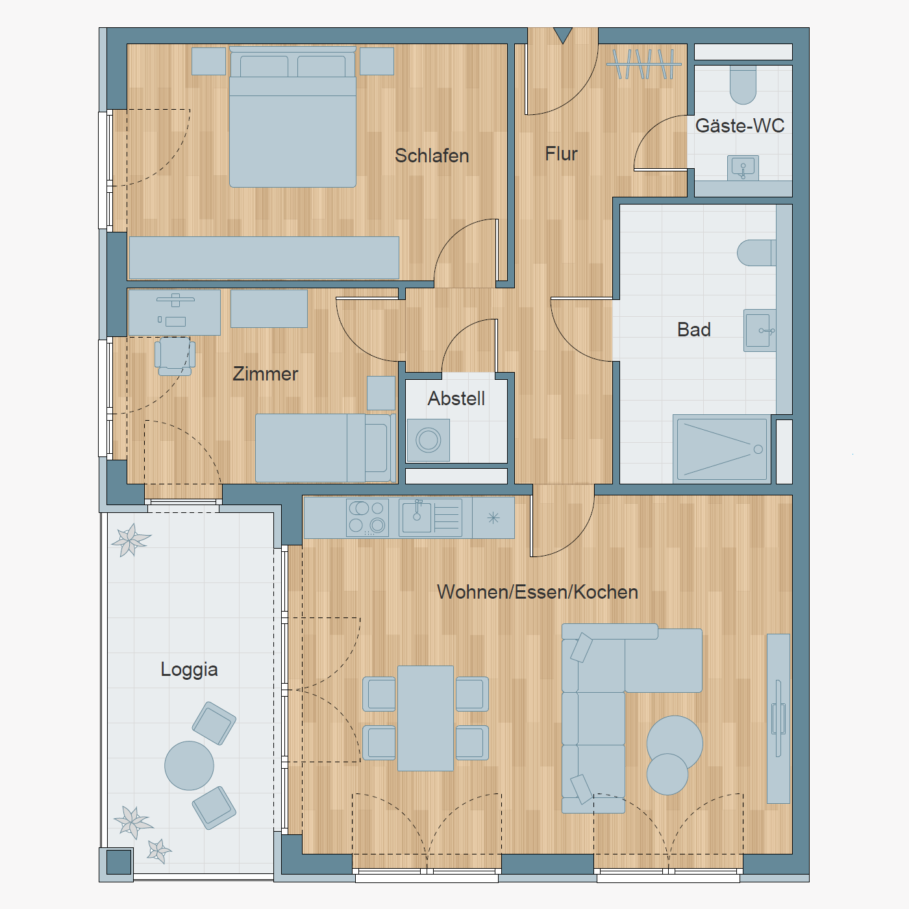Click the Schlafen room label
432,156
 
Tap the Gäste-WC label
740,125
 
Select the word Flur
561,154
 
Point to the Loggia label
189,670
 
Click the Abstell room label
456,399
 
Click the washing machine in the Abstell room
429,440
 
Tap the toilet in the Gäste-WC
743,84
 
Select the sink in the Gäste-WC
743,168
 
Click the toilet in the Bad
756,253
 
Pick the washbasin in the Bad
760,330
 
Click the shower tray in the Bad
722,449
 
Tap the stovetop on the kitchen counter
367,518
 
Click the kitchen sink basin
416,517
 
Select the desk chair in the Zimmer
175,356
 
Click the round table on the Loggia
189,766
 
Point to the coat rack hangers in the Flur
644,64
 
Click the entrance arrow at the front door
563,35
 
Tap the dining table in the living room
425,718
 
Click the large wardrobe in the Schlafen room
264,258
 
